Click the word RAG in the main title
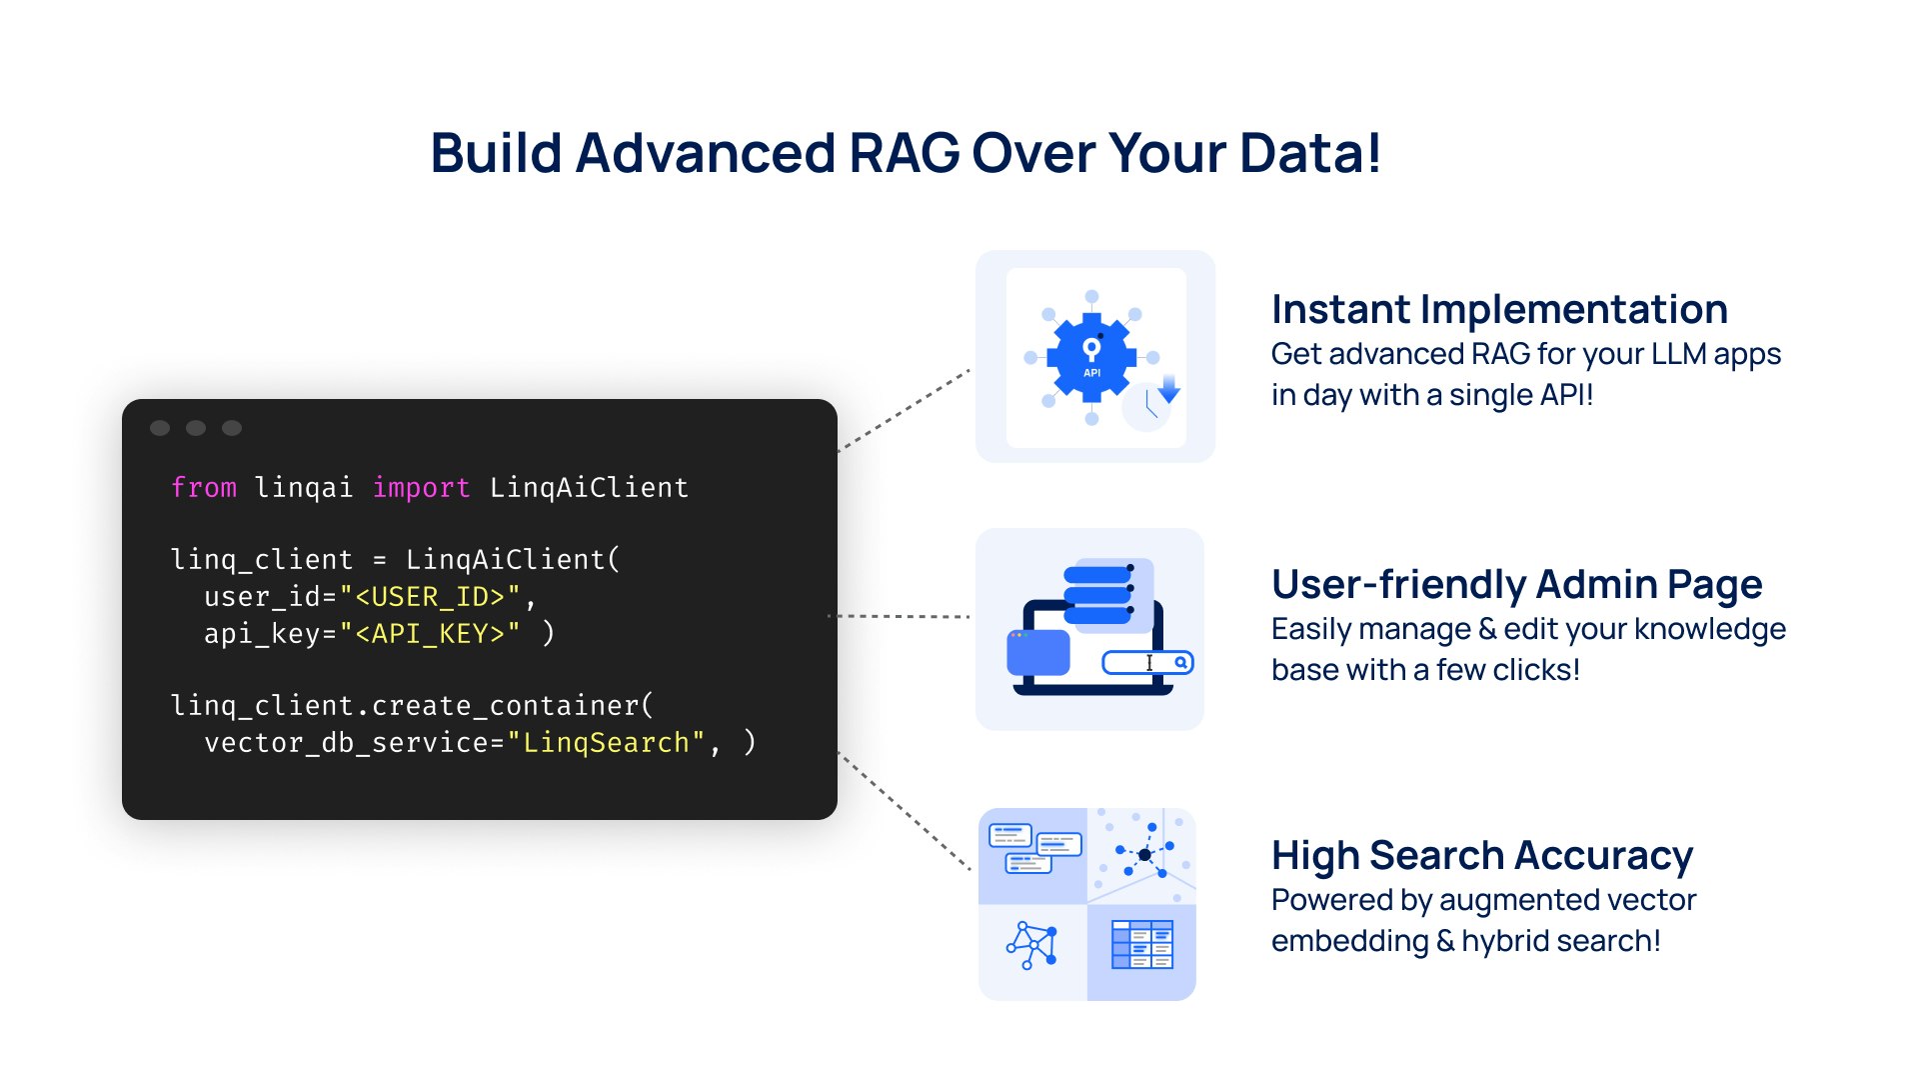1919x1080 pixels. tap(904, 154)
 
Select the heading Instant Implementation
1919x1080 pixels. tap(1499, 310)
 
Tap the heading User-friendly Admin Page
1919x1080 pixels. tap(1516, 585)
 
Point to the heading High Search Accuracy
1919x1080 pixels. tap(1481, 856)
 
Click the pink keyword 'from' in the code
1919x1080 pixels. tap(204, 488)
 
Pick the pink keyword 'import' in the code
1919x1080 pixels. tap(421, 488)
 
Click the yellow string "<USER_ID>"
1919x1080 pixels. tap(430, 597)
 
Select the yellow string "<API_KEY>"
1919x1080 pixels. tap(430, 634)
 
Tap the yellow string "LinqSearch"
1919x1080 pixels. tap(606, 743)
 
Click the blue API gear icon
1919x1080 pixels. tap(1091, 357)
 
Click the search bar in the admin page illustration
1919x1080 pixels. tap(1147, 663)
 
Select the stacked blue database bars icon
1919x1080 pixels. tap(1097, 593)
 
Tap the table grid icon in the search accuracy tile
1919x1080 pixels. tap(1141, 945)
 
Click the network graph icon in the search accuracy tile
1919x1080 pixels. tap(1032, 945)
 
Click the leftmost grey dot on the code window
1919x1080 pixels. tap(160, 428)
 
